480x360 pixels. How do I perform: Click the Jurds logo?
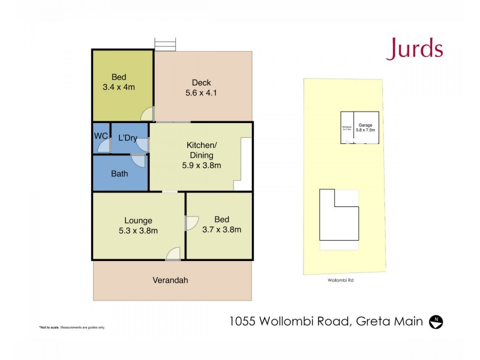tap(415, 48)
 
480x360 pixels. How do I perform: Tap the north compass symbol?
tap(437, 322)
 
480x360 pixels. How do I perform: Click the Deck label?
tap(202, 83)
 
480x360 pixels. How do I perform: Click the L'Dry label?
tap(128, 138)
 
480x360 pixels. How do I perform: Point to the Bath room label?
tap(119, 174)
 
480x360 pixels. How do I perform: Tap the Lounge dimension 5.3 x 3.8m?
tap(138, 230)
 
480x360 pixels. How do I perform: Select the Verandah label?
tap(172, 280)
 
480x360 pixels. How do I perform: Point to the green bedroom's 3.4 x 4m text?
tap(119, 87)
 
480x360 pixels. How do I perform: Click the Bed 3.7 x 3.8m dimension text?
tap(221, 229)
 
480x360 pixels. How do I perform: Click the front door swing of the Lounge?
tap(173, 254)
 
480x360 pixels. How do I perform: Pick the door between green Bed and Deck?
tap(148, 113)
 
